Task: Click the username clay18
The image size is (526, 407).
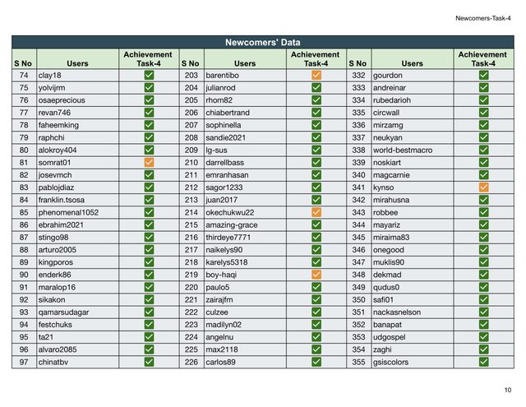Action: click(50, 75)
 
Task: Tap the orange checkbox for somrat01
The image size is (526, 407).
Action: click(149, 163)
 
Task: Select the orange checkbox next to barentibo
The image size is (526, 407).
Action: click(316, 75)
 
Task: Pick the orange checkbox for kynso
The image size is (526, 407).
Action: click(483, 187)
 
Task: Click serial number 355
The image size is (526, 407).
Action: click(358, 361)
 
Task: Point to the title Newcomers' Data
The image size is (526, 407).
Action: click(262, 42)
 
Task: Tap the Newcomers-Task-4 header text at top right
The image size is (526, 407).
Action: click(482, 17)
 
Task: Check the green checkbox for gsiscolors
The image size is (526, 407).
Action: click(483, 361)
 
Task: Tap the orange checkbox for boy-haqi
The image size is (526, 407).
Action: click(316, 274)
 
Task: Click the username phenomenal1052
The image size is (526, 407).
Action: click(68, 211)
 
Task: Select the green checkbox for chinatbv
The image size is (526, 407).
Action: click(149, 361)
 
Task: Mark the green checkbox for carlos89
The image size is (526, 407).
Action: click(316, 361)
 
